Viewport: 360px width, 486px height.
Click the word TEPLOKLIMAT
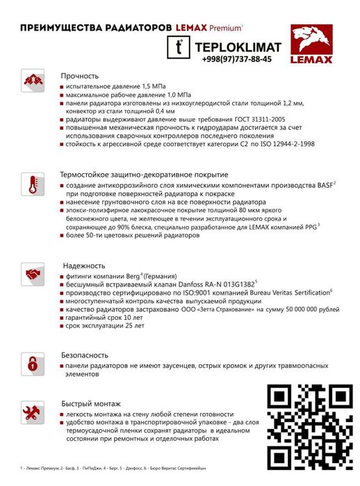tap(239, 47)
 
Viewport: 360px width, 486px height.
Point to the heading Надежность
tap(83, 266)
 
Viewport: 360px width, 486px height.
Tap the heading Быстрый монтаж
tap(91, 403)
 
